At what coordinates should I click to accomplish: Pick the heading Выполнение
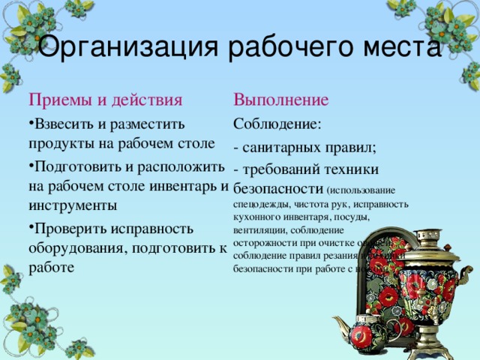[x=281, y=100]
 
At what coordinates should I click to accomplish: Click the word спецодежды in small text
[x=261, y=203]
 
